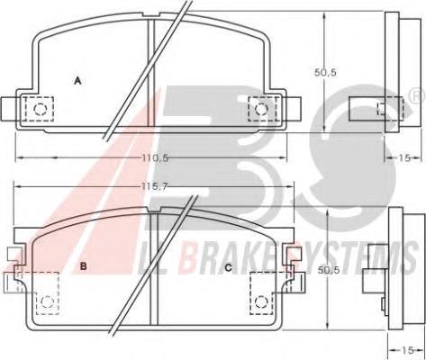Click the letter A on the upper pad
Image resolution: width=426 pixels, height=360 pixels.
tap(77, 80)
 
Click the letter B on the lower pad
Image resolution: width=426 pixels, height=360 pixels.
tap(84, 265)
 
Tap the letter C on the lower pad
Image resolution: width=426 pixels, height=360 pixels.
tap(229, 267)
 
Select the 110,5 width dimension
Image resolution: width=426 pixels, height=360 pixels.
tap(155, 157)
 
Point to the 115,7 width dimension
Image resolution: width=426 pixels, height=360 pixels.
tap(154, 186)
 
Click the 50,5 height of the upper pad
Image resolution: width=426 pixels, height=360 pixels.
tap(325, 73)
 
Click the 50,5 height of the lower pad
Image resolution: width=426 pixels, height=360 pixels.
tap(329, 270)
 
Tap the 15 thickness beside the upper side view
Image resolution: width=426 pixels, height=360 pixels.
tap(404, 158)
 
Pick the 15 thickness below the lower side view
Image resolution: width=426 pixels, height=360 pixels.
tap(408, 350)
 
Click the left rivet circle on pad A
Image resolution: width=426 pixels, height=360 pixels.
tap(40, 109)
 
